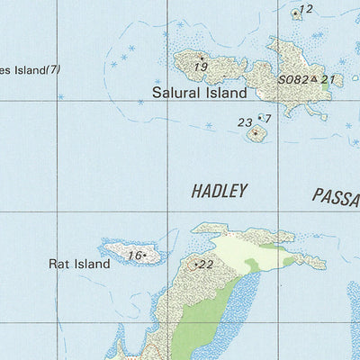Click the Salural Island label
pyautogui.click(x=199, y=92)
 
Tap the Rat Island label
pyautogui.click(x=79, y=264)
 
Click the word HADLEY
pyautogui.click(x=219, y=191)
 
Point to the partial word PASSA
pyautogui.click(x=336, y=195)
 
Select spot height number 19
pyautogui.click(x=201, y=67)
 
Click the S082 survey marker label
pyautogui.click(x=292, y=80)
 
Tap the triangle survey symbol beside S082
pyautogui.click(x=314, y=80)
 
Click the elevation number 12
pyautogui.click(x=306, y=10)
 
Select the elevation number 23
pyautogui.click(x=245, y=122)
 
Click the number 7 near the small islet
pyautogui.click(x=267, y=118)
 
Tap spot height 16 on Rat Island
pyautogui.click(x=134, y=256)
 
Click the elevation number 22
pyautogui.click(x=205, y=265)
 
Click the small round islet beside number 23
pyautogui.click(x=256, y=134)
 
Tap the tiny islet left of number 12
pyautogui.click(x=295, y=13)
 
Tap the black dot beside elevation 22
pyautogui.click(x=195, y=265)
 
